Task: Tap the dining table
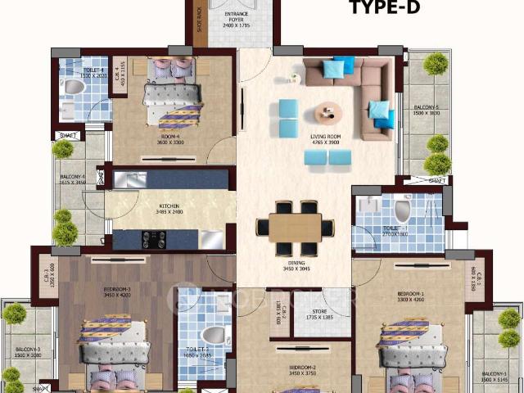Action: click(296, 227)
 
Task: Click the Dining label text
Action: click(295, 264)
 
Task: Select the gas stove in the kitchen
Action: click(153, 239)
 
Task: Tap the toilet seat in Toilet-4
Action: click(74, 88)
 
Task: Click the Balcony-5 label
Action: click(426, 109)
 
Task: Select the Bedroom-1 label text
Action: click(410, 296)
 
